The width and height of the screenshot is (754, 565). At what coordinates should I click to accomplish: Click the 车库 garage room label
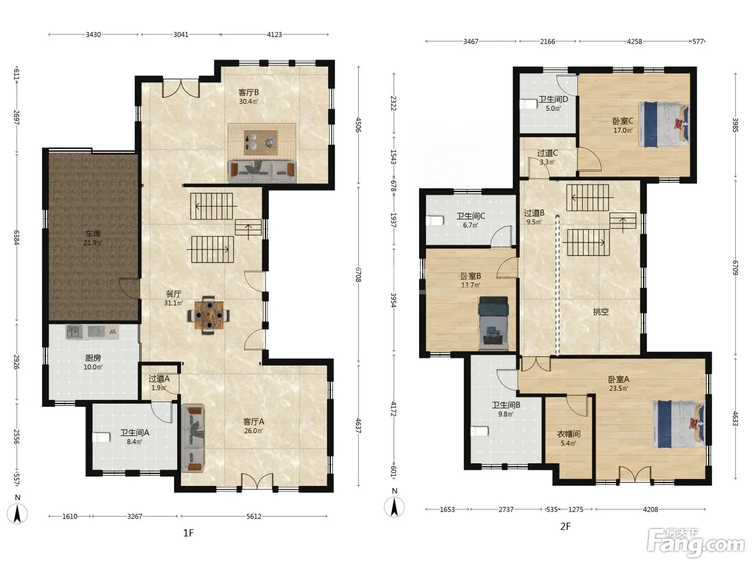pos(93,234)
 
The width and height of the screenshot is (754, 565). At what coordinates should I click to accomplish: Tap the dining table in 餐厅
pos(208,315)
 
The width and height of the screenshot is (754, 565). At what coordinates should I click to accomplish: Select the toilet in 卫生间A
pos(101,437)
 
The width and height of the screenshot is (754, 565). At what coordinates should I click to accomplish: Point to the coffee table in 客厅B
pos(261,143)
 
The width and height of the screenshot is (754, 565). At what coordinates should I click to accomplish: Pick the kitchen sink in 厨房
pos(74,332)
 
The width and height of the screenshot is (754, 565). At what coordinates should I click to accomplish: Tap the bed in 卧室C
pos(664,124)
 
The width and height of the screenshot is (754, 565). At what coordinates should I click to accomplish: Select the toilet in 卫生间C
pos(435,221)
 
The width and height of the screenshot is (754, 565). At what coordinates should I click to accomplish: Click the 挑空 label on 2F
pos(601,312)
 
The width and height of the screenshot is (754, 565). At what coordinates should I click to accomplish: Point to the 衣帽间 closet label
pos(569,434)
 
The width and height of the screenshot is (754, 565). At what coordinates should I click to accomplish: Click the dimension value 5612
pos(254,516)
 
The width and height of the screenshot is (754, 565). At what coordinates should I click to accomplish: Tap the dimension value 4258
pos(634,41)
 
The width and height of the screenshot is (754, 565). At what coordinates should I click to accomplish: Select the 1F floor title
pos(188,533)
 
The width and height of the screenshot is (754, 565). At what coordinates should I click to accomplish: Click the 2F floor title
pos(565,526)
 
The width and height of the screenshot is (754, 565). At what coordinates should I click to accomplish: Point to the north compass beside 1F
pos(17,511)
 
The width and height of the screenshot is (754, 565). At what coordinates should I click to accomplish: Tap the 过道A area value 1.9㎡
pos(159,388)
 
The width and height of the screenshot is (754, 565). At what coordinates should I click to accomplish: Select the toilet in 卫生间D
pos(528,104)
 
